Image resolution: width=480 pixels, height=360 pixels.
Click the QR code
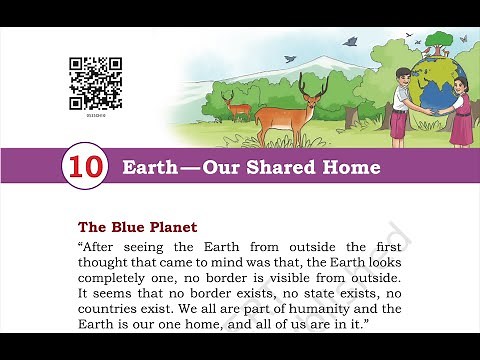coord(96,82)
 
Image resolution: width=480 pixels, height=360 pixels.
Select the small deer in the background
coord(237,103)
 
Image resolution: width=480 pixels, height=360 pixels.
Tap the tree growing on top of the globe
coord(436,43)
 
